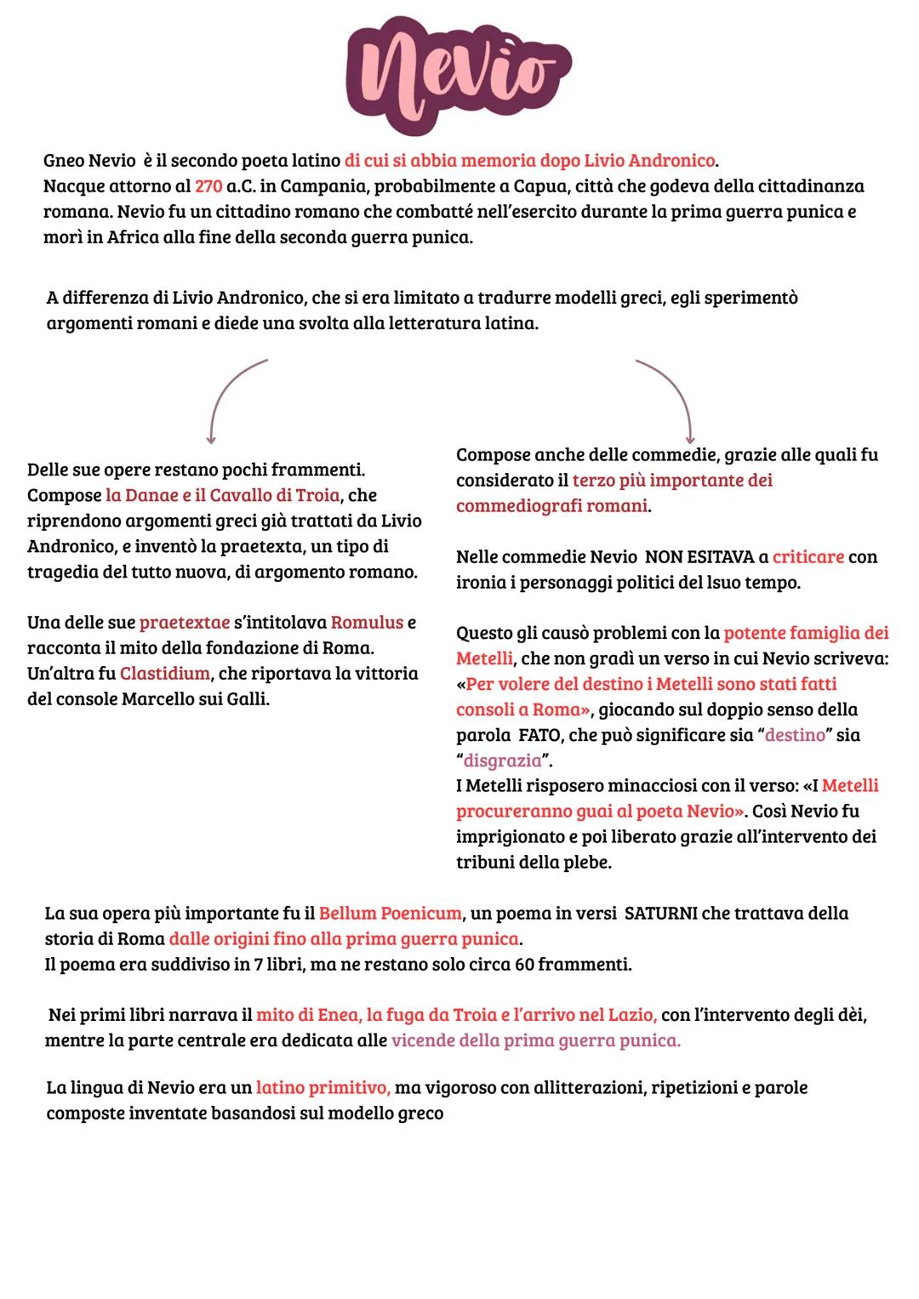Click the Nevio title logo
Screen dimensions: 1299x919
pyautogui.click(x=459, y=72)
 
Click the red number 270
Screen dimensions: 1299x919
pyautogui.click(x=208, y=186)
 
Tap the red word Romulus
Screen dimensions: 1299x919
pyautogui.click(x=367, y=623)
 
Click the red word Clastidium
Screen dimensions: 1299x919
pyautogui.click(x=164, y=674)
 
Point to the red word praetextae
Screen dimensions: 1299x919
pyautogui.click(x=184, y=623)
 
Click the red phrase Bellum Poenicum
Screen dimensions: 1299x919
pyautogui.click(x=390, y=914)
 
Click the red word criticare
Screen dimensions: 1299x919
pyautogui.click(x=808, y=557)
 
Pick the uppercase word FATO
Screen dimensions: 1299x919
pyautogui.click(x=539, y=735)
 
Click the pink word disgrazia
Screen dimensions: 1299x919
pyautogui.click(x=502, y=761)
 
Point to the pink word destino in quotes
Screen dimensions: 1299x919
pyautogui.click(x=795, y=735)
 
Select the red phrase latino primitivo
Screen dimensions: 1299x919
pyautogui.click(x=323, y=1088)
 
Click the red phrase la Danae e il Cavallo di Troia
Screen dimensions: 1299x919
pyautogui.click(x=222, y=495)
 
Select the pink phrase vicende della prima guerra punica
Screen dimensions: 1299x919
pyautogui.click(x=535, y=1040)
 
